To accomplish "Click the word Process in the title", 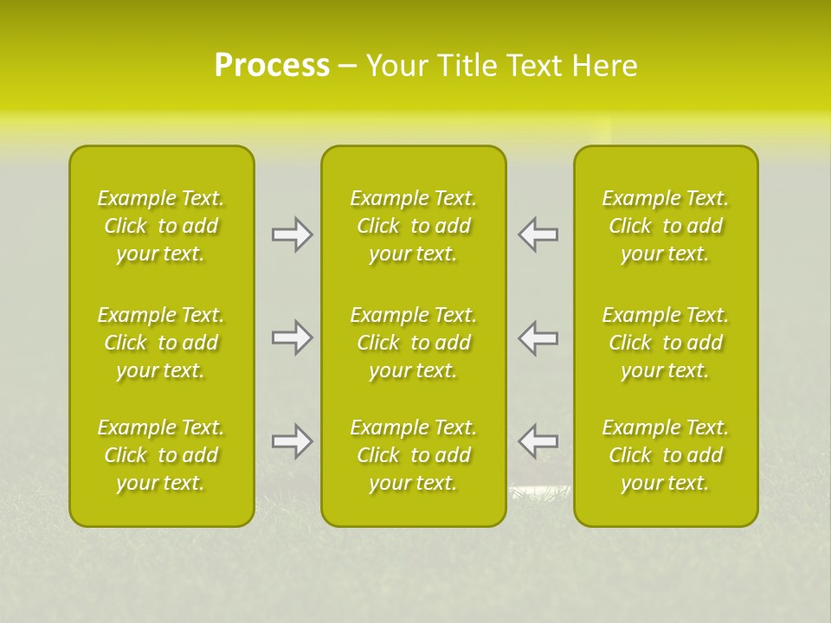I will click(272, 66).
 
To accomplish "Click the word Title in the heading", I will click(466, 66).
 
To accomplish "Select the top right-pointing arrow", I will click(292, 234).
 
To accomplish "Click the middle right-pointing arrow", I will click(292, 337).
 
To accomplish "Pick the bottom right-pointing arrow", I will click(292, 441).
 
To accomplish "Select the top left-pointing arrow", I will click(538, 234).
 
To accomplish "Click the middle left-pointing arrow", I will click(538, 337).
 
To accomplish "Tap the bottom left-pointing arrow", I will click(538, 441).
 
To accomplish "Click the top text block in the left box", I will click(161, 226).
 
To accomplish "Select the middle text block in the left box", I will click(161, 343).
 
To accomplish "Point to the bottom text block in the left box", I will click(161, 455).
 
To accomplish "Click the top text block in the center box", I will click(414, 226).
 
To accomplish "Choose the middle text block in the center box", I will click(414, 343).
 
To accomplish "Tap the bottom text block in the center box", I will click(414, 455).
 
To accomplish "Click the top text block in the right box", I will click(666, 226).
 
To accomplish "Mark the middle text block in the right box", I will click(666, 343).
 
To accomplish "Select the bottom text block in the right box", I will click(666, 455).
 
